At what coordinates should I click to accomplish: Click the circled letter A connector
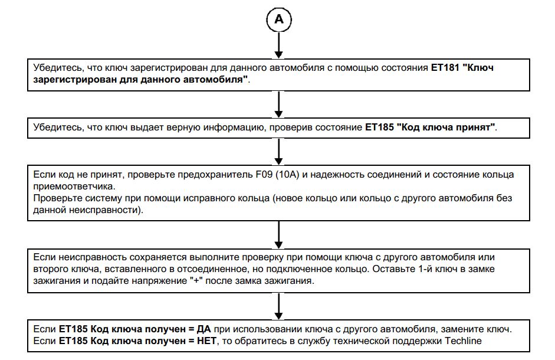coord(279,19)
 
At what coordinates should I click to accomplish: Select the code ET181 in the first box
coord(445,67)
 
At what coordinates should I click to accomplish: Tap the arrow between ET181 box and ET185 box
coord(279,104)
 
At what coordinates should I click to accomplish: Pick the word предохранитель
coord(215,175)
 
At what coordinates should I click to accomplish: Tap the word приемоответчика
coord(73,186)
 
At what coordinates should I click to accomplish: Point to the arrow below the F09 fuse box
coord(279,234)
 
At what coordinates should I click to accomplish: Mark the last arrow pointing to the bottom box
coord(279,306)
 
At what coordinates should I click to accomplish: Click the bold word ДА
coord(203,329)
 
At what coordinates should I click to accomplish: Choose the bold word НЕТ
coord(206,341)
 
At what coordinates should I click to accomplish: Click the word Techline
coord(463,341)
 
